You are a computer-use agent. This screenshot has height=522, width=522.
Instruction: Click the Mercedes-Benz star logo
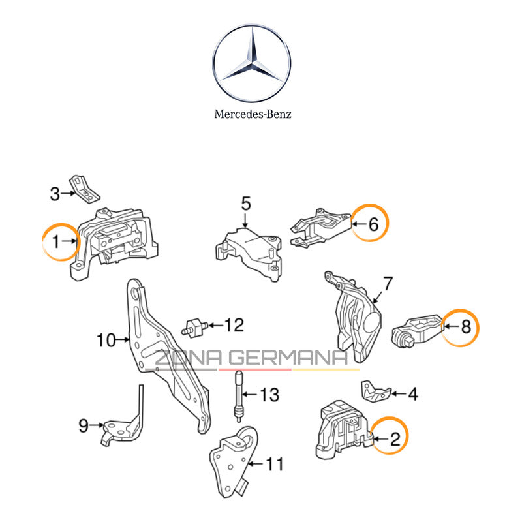click(253, 65)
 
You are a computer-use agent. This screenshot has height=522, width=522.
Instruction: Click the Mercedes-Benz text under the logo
click(253, 114)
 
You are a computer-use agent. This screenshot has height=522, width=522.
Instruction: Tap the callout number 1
click(55, 241)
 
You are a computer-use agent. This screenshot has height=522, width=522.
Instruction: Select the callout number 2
click(394, 440)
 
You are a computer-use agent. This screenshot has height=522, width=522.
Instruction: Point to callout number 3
click(55, 193)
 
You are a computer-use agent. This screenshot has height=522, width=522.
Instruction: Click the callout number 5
click(245, 204)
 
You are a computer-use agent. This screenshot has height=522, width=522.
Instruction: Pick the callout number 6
click(373, 224)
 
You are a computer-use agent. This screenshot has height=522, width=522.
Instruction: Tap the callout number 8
click(465, 326)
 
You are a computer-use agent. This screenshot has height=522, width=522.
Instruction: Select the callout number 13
click(269, 395)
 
